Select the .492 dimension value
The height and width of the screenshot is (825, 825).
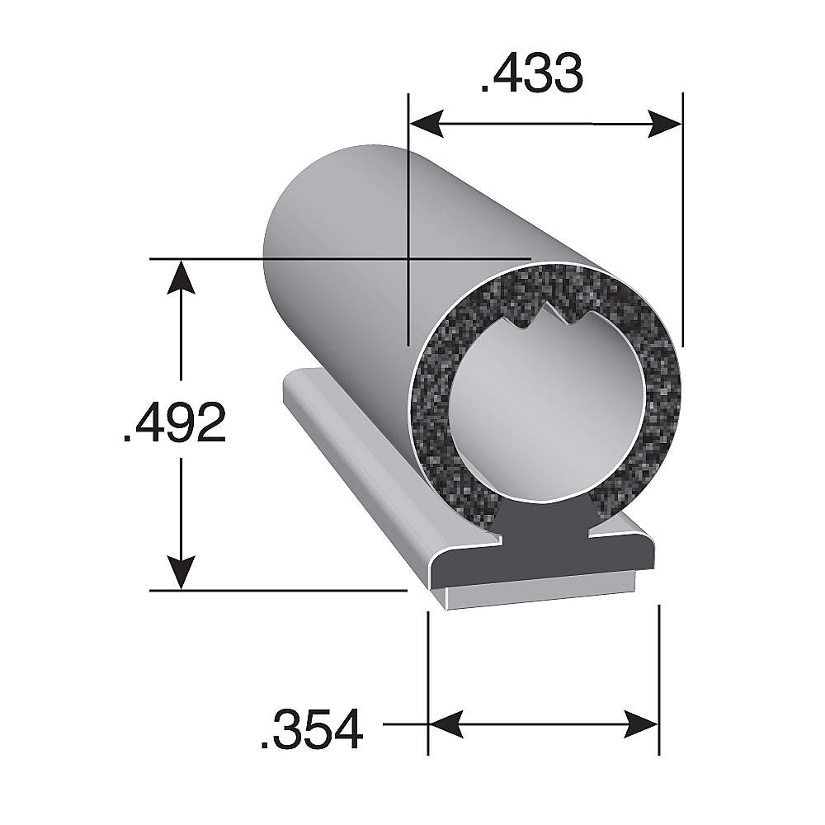click(174, 423)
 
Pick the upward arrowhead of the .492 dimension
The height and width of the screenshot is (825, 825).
click(181, 276)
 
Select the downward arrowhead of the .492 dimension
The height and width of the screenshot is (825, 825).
click(181, 573)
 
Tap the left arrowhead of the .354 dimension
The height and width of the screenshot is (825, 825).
click(445, 724)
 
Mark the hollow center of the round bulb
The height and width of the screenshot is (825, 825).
click(544, 421)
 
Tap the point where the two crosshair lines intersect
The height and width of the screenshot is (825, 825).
click(408, 259)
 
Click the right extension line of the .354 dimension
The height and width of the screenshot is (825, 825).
click(658, 676)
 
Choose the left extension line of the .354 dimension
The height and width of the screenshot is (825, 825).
click(428, 676)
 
